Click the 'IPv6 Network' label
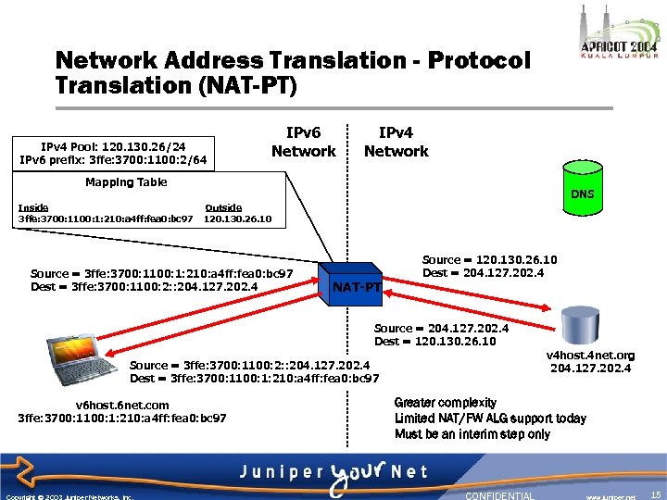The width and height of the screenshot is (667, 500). tap(303, 142)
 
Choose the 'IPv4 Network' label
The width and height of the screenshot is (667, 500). tap(396, 142)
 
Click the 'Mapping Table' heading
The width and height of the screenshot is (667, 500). tap(126, 181)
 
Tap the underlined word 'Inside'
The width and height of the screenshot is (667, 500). tap(33, 207)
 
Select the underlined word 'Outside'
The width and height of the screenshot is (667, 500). tap(223, 207)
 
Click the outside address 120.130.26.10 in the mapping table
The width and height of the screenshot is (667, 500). tap(237, 219)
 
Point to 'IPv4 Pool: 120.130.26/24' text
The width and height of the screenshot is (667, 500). tap(113, 146)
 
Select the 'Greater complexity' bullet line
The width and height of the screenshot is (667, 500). tap(445, 403)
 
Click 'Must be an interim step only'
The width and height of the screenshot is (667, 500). tap(472, 434)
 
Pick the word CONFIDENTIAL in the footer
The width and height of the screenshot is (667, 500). tap(499, 495)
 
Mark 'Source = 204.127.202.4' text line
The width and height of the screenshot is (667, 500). tap(441, 328)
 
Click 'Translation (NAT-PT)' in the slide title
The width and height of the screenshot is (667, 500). tap(176, 87)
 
